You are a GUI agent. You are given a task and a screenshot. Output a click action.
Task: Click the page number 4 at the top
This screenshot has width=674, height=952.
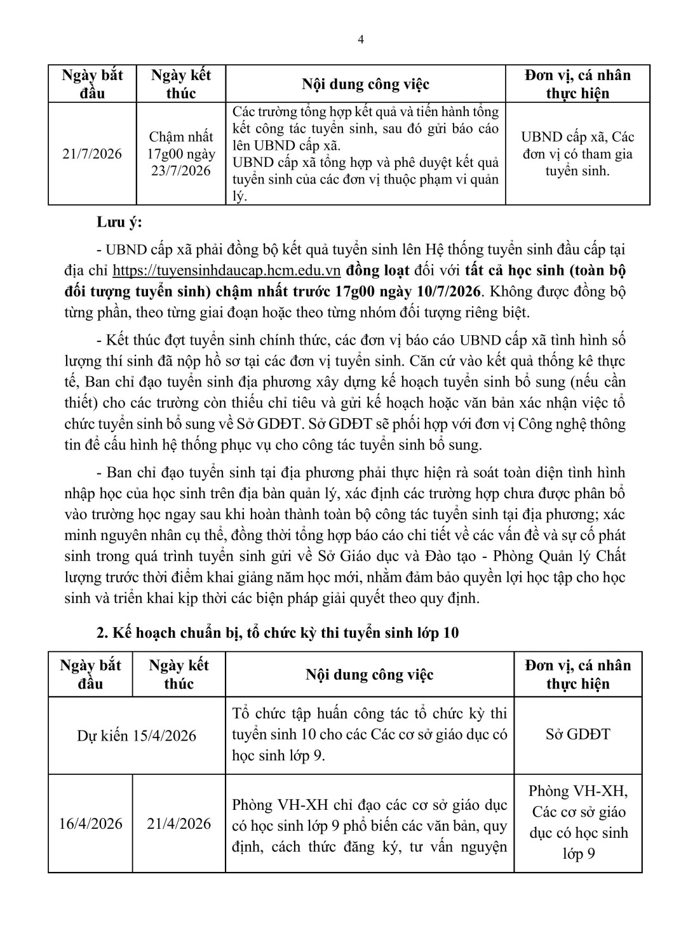tap(361, 39)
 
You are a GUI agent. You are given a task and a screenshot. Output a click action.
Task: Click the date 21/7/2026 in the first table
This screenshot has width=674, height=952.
tap(93, 154)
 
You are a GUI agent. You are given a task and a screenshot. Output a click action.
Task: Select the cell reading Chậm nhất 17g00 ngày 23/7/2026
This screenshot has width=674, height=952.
tap(181, 154)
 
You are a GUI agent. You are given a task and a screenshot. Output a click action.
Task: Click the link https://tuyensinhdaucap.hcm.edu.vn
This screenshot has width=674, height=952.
tap(227, 271)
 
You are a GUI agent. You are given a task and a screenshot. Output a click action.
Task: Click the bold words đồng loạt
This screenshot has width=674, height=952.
tap(379, 271)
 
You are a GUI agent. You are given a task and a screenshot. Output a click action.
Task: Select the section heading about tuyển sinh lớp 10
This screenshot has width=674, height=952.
tap(277, 633)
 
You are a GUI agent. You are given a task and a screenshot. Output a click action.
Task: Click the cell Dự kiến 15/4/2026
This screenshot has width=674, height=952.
tap(137, 736)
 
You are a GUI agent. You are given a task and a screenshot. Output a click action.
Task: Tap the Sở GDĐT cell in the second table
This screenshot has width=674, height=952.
tap(577, 734)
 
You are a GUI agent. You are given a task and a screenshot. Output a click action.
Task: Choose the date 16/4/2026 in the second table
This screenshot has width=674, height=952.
tap(91, 823)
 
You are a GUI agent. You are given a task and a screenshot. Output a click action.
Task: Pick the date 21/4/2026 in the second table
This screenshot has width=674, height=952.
tap(179, 823)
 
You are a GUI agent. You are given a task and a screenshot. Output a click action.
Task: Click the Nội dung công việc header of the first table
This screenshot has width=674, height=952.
tap(365, 84)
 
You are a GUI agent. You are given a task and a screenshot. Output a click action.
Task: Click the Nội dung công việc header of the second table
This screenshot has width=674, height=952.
tap(369, 674)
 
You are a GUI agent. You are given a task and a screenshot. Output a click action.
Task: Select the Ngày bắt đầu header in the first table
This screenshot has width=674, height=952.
tap(93, 84)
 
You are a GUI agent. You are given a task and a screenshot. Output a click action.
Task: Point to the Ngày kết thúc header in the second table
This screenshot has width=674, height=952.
tap(179, 674)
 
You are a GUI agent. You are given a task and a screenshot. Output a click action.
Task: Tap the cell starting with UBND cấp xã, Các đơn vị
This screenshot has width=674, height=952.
tap(577, 154)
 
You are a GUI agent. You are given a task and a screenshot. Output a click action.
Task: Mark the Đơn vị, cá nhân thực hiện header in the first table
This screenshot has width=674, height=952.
tap(577, 84)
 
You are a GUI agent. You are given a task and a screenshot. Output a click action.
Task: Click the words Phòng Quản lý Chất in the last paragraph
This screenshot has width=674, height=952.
tap(559, 556)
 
